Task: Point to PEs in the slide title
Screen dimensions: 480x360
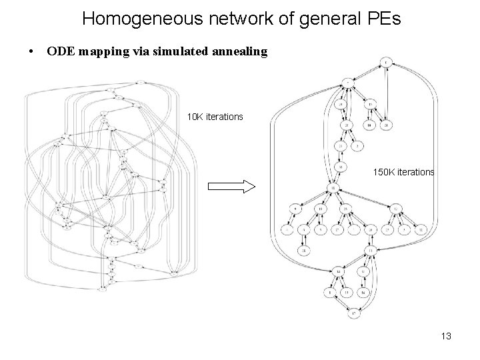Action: click(x=384, y=18)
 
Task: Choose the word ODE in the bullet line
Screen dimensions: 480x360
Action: click(x=59, y=51)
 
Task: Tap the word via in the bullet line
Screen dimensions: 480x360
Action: click(x=138, y=51)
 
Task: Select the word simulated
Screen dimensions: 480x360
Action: click(x=180, y=51)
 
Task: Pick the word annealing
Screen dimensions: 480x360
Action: click(x=241, y=51)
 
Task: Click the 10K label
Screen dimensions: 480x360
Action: click(x=195, y=117)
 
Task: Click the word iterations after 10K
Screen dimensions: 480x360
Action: click(x=225, y=117)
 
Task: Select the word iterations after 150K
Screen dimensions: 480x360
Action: click(x=417, y=172)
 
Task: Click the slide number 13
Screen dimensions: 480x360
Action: click(x=446, y=336)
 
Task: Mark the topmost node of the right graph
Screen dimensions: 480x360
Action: click(x=386, y=63)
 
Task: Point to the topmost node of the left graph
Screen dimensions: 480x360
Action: click(x=140, y=82)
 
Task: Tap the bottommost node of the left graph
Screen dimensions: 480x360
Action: click(x=103, y=290)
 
